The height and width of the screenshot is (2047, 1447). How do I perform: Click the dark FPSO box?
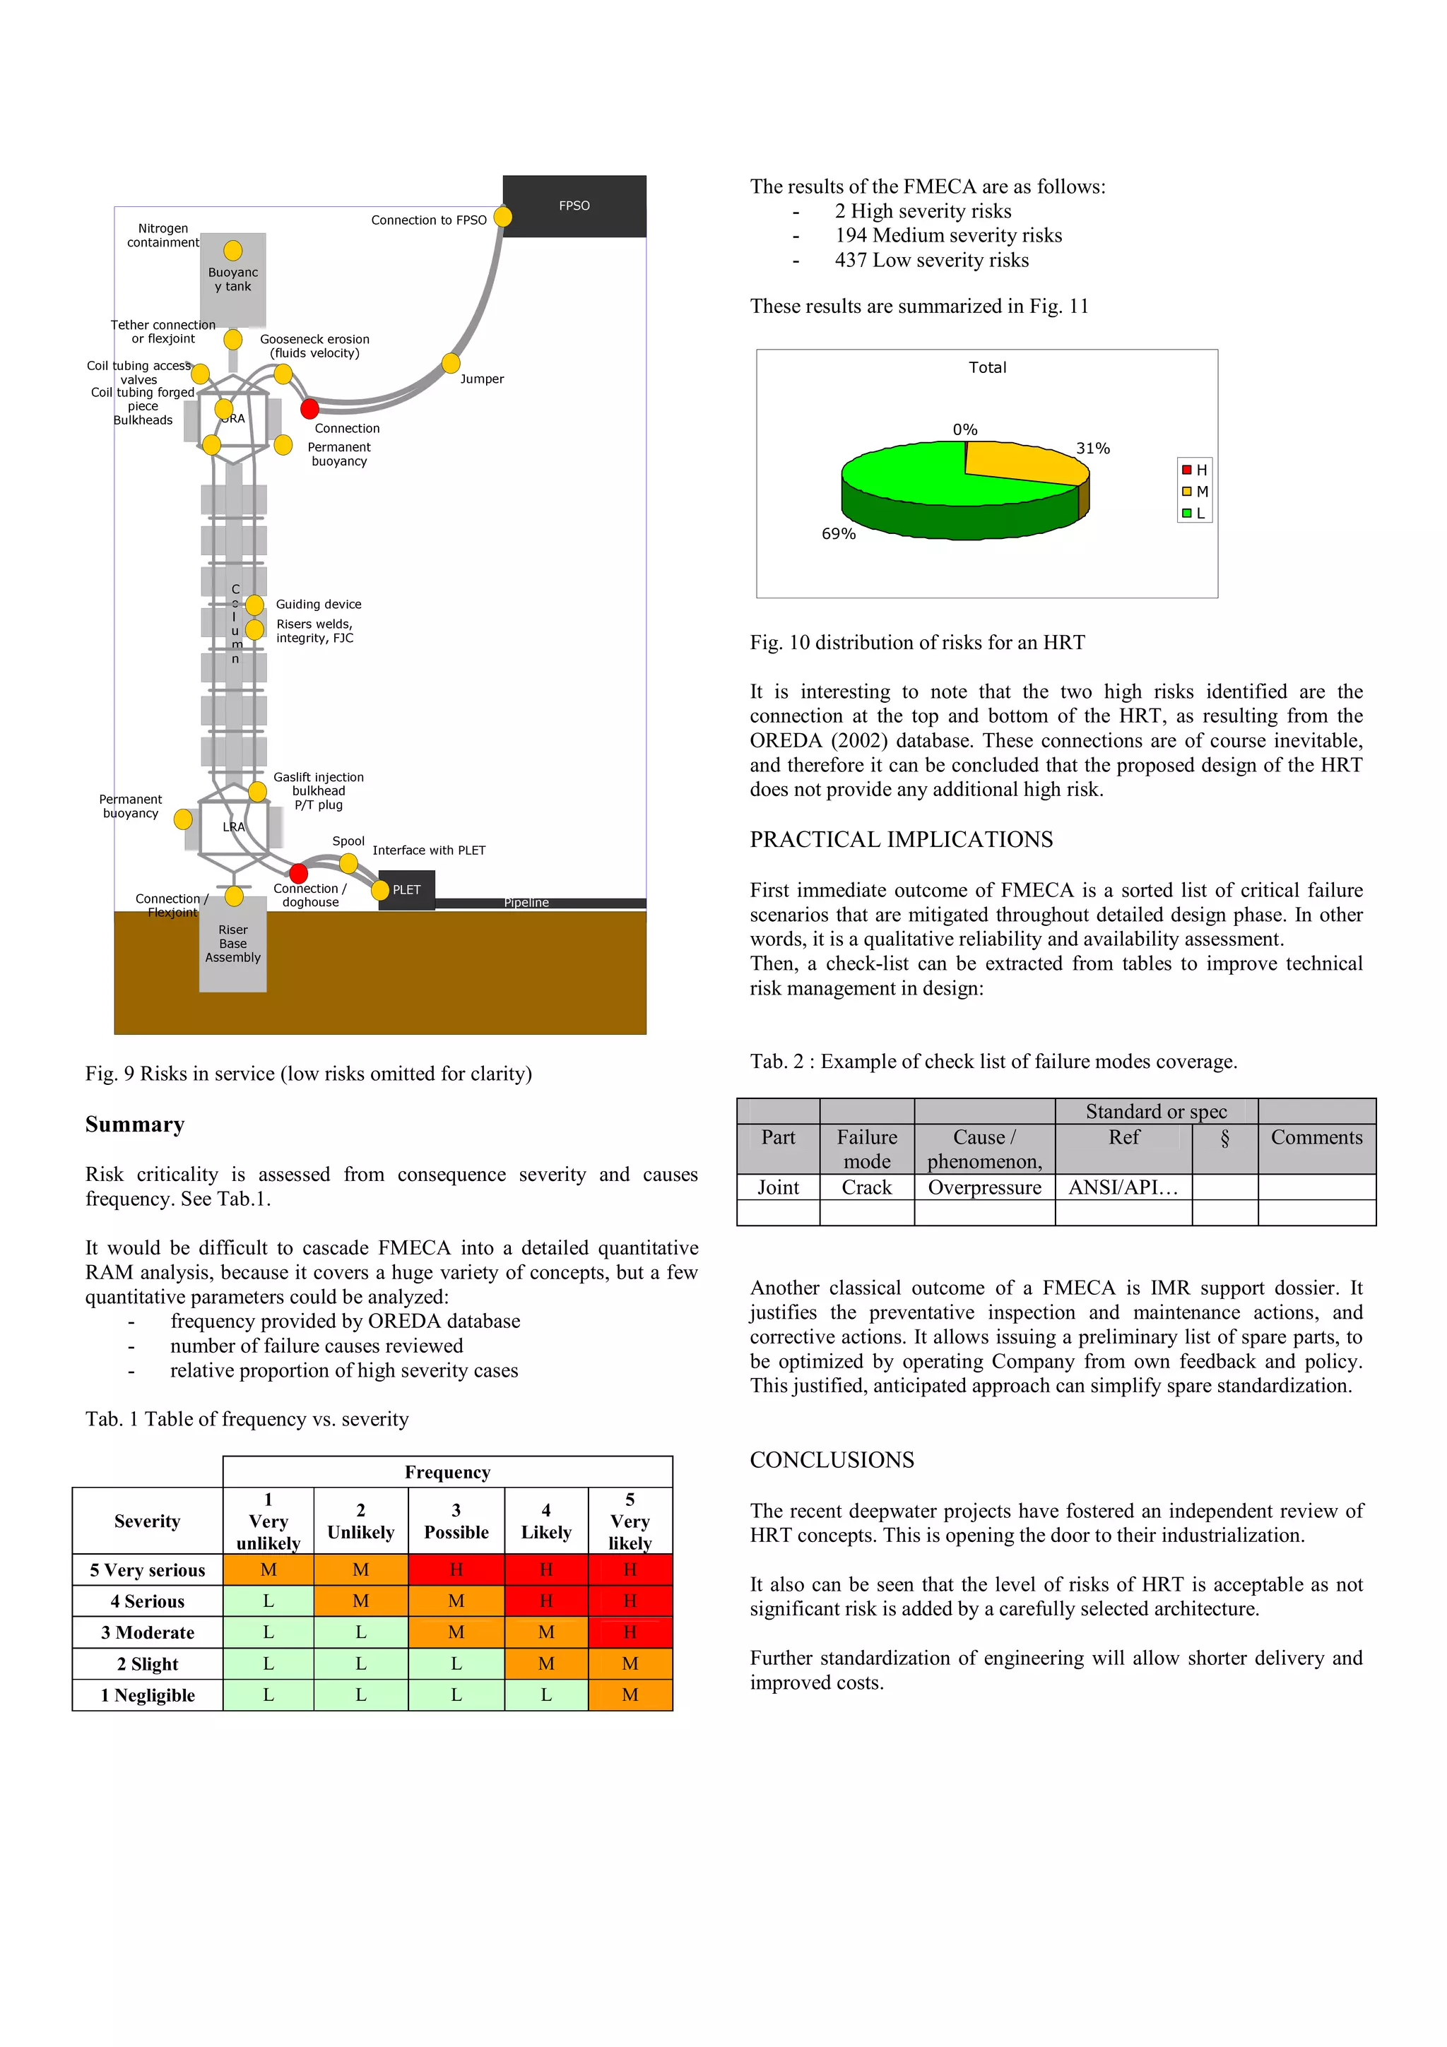click(574, 206)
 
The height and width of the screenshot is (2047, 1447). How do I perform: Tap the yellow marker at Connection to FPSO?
click(503, 217)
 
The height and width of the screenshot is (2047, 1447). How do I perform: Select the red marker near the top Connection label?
click(309, 409)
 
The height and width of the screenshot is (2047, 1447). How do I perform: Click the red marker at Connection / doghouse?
click(299, 873)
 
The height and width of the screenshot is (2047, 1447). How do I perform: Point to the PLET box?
click(406, 890)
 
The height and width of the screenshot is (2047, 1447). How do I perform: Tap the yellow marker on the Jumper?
click(451, 363)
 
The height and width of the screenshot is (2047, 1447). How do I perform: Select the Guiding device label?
click(318, 605)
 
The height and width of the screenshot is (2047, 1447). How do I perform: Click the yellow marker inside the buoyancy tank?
click(232, 251)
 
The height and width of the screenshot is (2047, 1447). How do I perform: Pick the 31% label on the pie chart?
click(1092, 449)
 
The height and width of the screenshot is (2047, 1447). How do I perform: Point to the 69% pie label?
click(838, 534)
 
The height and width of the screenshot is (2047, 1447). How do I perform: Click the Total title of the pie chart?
click(987, 367)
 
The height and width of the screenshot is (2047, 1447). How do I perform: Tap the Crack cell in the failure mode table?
click(867, 1187)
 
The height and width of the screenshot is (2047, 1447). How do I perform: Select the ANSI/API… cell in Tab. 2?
click(1123, 1187)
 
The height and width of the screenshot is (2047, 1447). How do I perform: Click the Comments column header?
click(1316, 1138)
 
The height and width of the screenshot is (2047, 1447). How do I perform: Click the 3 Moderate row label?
click(147, 1632)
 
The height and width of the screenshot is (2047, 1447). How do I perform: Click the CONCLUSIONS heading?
click(832, 1459)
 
